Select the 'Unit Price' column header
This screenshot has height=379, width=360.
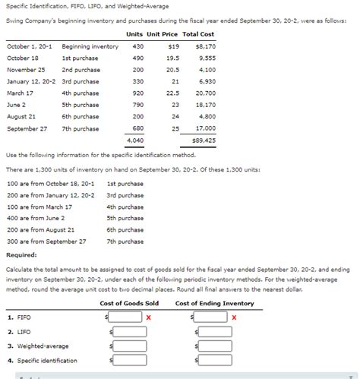coord(162,34)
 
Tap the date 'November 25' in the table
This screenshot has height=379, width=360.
coord(26,70)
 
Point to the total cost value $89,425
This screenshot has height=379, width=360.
coord(203,141)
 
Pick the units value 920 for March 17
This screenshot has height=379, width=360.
coord(137,93)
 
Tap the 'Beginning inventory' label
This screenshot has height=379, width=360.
coord(90,46)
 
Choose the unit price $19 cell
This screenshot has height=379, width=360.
coord(173,46)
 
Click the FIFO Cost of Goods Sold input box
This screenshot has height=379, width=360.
coord(126,317)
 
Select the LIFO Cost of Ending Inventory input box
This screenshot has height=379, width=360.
coord(213,331)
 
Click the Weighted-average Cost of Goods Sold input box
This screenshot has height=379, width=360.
coord(126,346)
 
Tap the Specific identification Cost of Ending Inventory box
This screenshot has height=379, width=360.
coord(213,360)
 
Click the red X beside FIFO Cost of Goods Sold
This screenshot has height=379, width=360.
coord(148,317)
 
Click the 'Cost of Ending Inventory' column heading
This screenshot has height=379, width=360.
coord(215,304)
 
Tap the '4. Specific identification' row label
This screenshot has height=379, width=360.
coord(42,360)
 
